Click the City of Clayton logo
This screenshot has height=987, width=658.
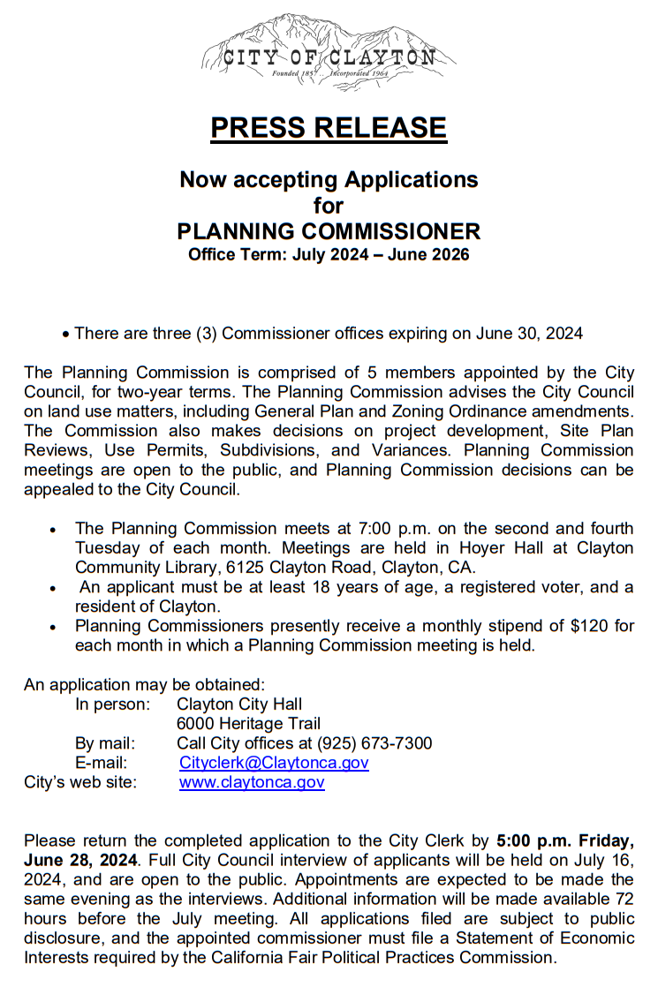click(x=329, y=51)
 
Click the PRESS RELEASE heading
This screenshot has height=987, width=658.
click(x=329, y=128)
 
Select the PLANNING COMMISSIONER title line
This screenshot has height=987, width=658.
click(x=329, y=231)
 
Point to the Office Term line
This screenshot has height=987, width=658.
click(x=329, y=255)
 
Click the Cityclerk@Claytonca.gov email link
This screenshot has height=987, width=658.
click(x=274, y=763)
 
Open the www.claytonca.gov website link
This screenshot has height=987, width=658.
click(x=252, y=782)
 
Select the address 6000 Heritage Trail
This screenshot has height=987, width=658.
click(x=248, y=724)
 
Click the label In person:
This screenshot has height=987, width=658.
click(x=112, y=704)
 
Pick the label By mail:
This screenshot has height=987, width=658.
click(x=105, y=743)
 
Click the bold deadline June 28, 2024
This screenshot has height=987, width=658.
click(x=80, y=860)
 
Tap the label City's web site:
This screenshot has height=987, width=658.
click(x=80, y=782)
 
